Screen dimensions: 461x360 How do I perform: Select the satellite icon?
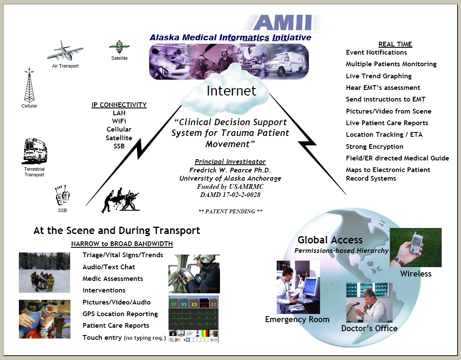[x=119, y=47]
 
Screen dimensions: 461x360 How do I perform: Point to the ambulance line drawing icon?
[x=34, y=151]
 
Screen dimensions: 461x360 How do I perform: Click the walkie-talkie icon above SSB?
[x=62, y=195]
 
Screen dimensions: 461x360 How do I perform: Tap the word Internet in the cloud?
[x=231, y=91]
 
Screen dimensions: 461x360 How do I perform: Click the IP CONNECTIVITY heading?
[x=119, y=105]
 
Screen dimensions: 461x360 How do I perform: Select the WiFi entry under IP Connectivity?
[x=119, y=121]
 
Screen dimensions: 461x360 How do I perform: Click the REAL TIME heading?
[x=395, y=44]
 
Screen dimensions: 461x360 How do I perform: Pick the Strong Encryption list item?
[x=375, y=147]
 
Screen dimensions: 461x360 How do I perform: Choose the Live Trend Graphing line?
[x=379, y=76]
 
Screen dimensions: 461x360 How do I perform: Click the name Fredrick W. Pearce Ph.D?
[x=230, y=170]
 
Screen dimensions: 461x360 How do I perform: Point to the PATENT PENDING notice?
[x=230, y=211]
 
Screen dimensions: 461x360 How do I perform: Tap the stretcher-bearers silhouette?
[x=120, y=200]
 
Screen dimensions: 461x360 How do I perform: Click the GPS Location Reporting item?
[x=120, y=314]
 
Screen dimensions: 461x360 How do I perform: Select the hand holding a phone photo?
[x=415, y=247]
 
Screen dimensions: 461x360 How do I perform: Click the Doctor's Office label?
[x=369, y=328]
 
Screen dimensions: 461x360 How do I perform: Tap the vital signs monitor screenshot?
[x=193, y=319]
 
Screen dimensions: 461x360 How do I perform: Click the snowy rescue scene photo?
[x=44, y=273]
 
